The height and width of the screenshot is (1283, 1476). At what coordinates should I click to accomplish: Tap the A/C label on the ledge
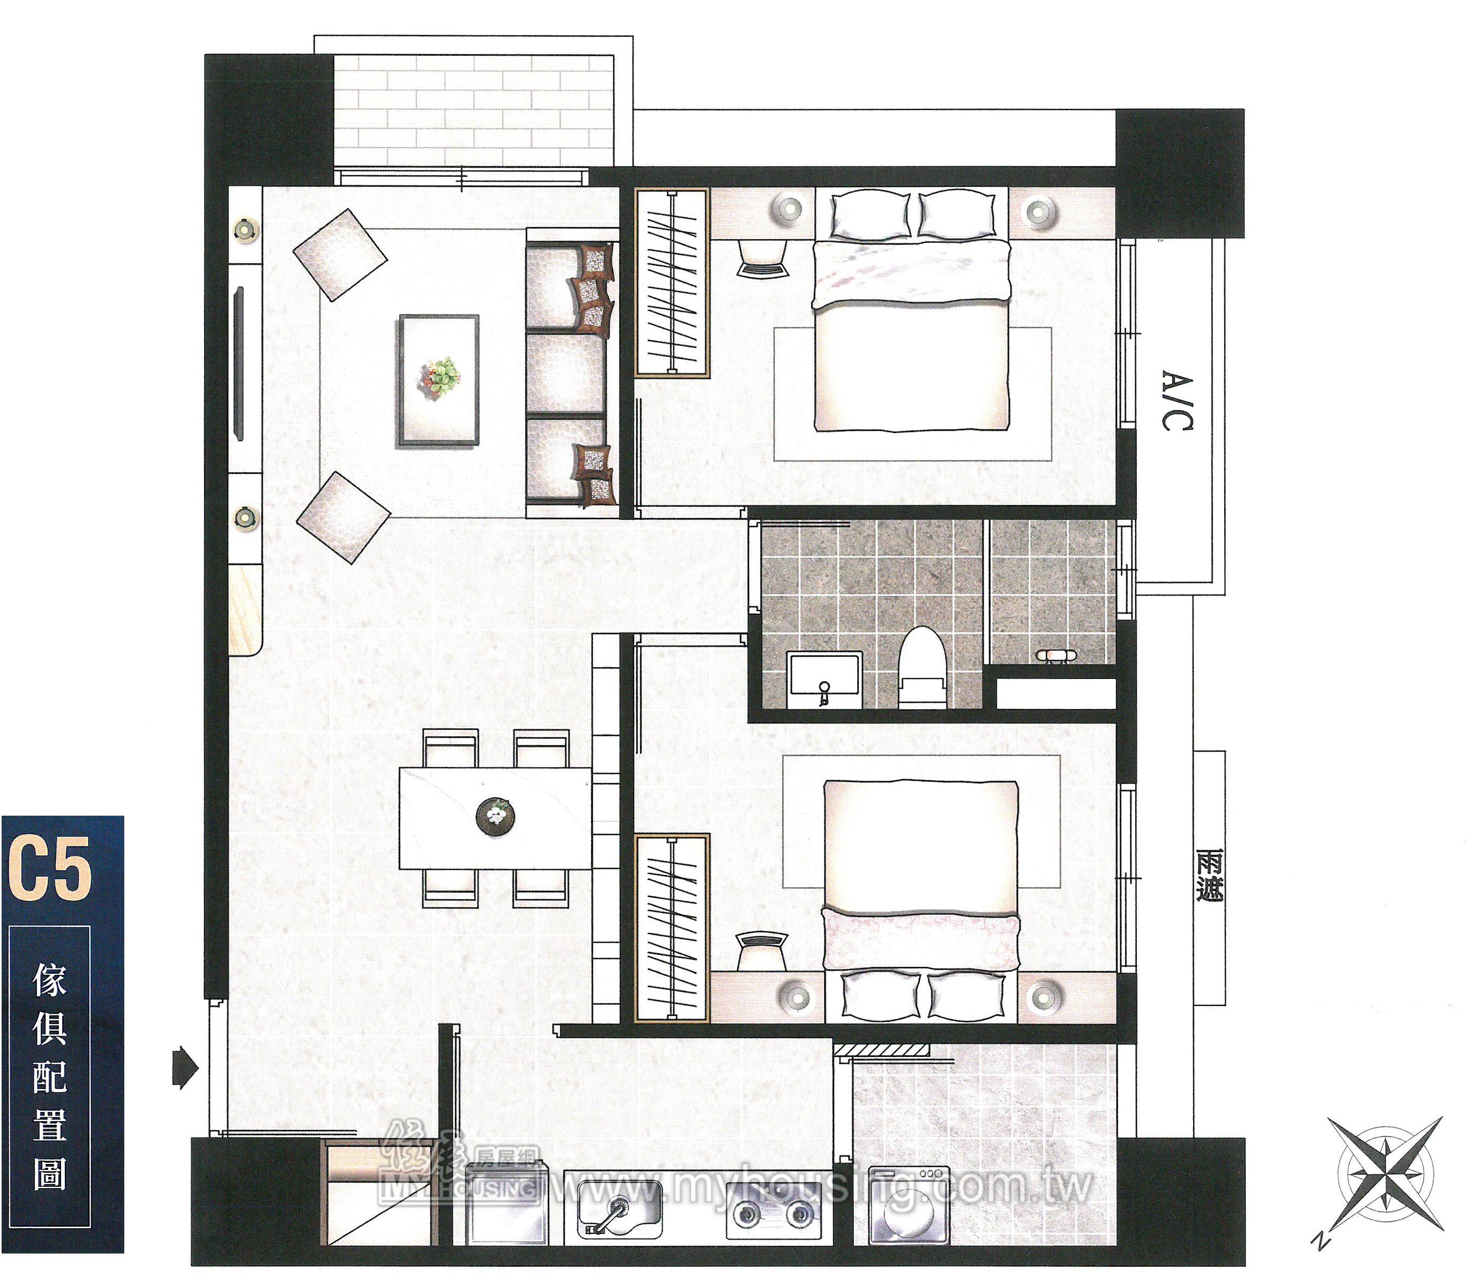(1177, 401)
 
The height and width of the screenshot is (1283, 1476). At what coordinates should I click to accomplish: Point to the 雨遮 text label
(1209, 876)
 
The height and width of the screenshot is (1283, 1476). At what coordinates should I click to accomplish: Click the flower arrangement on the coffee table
(441, 377)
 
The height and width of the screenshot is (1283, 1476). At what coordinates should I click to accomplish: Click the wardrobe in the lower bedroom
(671, 928)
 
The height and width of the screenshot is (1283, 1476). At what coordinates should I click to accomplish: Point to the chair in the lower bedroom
(762, 951)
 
